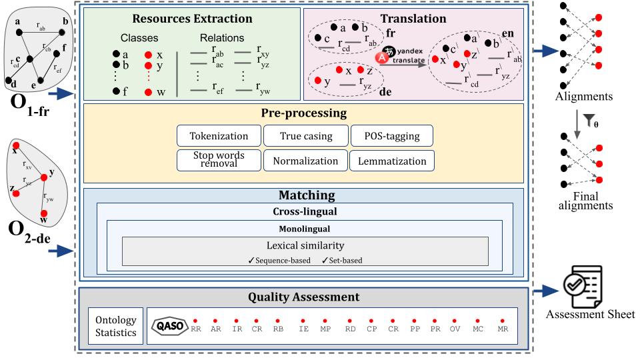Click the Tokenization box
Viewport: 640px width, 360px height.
pos(218,137)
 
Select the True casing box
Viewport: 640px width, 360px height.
pos(304,137)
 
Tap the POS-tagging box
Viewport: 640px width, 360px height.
pos(391,137)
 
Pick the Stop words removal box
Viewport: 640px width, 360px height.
pos(218,160)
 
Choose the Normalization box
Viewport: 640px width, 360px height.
pos(305,161)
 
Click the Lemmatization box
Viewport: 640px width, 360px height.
pos(392,161)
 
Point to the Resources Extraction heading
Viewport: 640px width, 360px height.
pos(192,19)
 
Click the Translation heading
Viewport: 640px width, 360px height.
pos(413,19)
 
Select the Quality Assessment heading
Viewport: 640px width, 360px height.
pos(303,297)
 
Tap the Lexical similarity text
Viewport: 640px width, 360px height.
pos(305,245)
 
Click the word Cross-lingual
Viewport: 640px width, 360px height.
pos(304,211)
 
